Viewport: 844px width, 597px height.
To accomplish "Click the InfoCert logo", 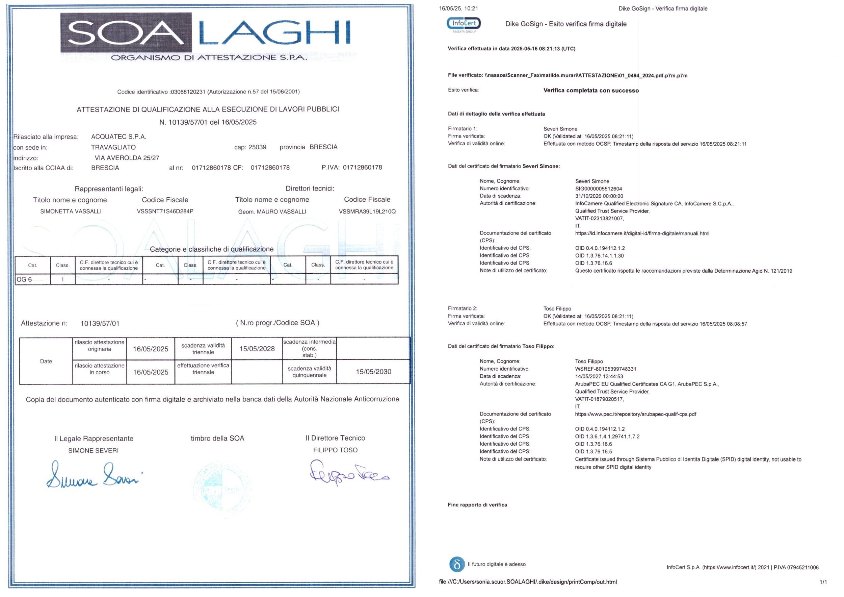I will point(464,25).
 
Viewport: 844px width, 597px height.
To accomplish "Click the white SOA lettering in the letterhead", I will point(126,33).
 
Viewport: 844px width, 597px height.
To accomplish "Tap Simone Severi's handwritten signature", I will point(94,476).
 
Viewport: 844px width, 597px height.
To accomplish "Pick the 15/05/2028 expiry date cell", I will point(257,349).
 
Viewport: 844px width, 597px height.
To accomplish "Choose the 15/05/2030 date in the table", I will point(373,372).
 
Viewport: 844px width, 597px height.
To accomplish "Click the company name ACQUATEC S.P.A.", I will point(119,137).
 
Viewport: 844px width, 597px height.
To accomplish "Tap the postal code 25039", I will point(257,147).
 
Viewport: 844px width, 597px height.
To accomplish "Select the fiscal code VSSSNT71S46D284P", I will point(165,212).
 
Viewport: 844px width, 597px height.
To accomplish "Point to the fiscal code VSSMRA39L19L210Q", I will point(367,212).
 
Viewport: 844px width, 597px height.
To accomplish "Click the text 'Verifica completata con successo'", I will point(591,91).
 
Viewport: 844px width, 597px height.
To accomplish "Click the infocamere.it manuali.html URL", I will point(642,233).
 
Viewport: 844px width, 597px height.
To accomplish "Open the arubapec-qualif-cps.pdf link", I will point(635,414).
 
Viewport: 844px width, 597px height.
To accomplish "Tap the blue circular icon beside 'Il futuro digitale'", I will point(457,564).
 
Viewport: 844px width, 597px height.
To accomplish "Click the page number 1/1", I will point(823,582).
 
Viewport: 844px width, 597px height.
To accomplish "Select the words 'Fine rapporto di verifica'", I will point(477,505).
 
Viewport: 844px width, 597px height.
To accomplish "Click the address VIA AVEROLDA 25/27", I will point(127,158).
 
